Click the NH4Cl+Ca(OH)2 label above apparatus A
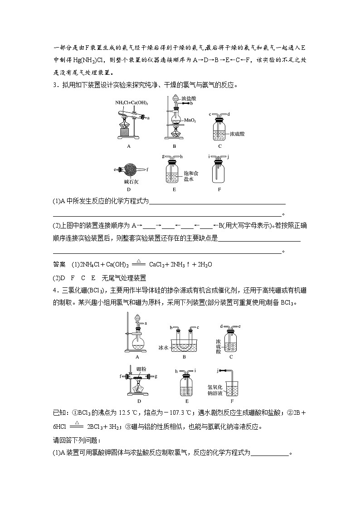[x=131, y=103]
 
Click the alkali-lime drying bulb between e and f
[x=129, y=170]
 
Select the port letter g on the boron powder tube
[x=156, y=376]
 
